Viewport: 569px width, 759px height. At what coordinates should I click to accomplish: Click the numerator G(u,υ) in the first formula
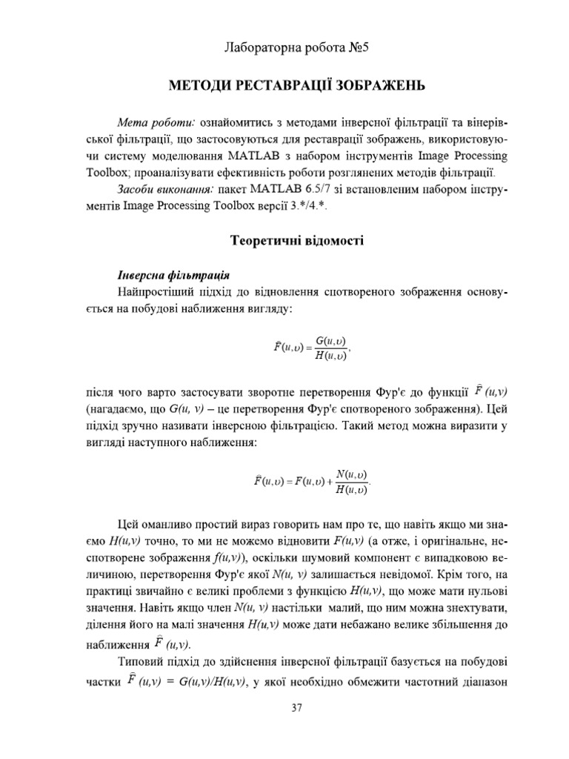(330, 341)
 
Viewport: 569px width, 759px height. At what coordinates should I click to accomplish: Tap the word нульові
(482, 591)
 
